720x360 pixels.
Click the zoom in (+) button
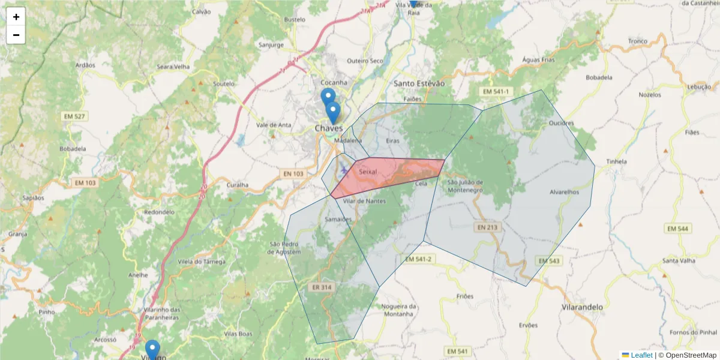16,17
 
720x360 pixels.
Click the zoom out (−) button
16,35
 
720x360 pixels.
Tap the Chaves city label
329,128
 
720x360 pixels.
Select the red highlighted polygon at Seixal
390,175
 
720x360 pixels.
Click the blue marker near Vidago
152,348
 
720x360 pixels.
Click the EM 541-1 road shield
496,91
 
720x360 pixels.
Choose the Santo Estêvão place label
419,83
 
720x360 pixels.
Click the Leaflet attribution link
641,355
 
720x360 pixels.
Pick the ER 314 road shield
322,287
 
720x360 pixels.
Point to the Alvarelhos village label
564,192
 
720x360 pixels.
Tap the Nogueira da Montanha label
397,310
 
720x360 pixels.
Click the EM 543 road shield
548,261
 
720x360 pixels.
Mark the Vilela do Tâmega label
202,262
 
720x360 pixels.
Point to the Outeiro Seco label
365,61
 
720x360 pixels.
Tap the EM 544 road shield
678,229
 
